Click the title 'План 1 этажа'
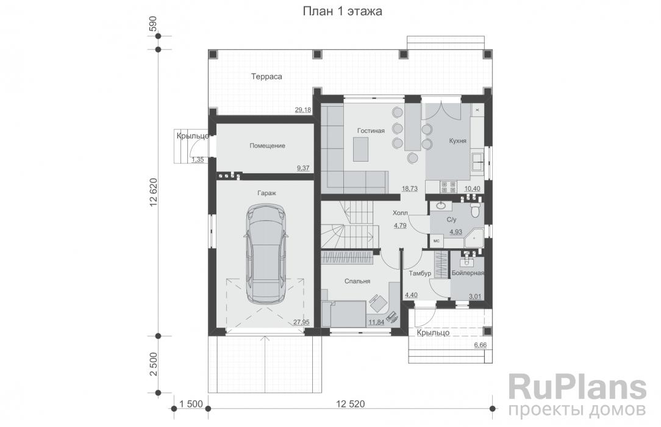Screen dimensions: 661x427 (x=342, y=11)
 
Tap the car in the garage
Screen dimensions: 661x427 (x=266, y=254)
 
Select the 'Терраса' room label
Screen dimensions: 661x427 (x=266, y=77)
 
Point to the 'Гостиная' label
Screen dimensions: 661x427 (x=371, y=131)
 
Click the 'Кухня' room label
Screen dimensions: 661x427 (x=458, y=141)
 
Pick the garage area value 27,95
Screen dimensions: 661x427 (x=301, y=322)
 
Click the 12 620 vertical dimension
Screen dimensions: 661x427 (x=153, y=193)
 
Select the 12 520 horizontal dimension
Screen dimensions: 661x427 (x=350, y=404)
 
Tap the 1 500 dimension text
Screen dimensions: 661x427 (x=191, y=404)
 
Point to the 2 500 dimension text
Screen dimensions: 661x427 (x=153, y=364)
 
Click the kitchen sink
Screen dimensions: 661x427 (x=477, y=162)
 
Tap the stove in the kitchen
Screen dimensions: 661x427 (x=449, y=187)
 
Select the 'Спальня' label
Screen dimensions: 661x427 (x=357, y=281)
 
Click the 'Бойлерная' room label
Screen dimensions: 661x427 (x=468, y=273)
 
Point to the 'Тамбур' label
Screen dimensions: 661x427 (x=420, y=273)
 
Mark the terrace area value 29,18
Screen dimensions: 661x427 (x=302, y=110)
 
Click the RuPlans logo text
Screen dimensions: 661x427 (x=577, y=388)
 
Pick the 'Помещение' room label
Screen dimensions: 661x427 (x=267, y=146)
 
